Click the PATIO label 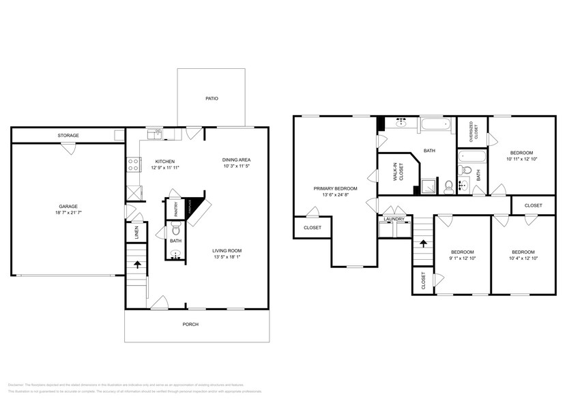pos(212,99)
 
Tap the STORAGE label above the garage pos(68,136)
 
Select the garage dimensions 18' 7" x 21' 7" pos(68,213)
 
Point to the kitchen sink pos(157,133)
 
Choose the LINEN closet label pos(136,233)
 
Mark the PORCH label pos(190,325)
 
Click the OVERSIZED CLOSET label pos(471,130)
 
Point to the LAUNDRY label pos(394,219)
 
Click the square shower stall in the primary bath pos(428,183)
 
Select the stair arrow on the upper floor pos(422,243)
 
